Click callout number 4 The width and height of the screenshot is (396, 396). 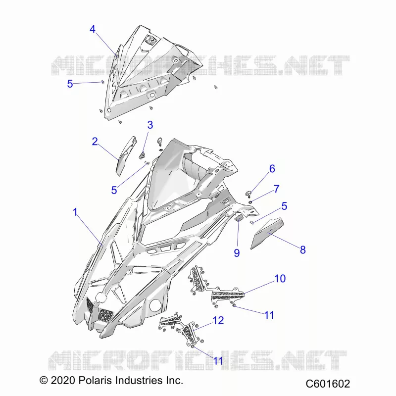point(93,29)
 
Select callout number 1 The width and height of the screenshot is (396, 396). point(75,212)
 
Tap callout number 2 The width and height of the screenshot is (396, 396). point(95,142)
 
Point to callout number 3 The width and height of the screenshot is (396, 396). point(150,125)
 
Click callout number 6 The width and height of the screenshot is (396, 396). point(272,169)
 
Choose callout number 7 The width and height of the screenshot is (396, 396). point(277,189)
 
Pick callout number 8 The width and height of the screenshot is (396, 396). point(303,250)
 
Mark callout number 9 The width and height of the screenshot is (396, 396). point(237,253)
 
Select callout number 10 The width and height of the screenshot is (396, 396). point(280,279)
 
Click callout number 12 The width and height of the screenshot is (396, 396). point(218,320)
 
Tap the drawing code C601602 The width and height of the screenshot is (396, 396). point(328,384)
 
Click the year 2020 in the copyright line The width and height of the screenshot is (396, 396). point(63,380)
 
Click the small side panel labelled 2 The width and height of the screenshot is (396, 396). point(126,156)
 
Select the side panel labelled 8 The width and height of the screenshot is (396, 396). point(267,233)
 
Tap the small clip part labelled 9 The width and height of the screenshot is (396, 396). point(239,217)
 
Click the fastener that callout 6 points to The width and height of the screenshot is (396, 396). point(248,194)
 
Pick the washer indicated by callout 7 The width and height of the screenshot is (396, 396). point(250,202)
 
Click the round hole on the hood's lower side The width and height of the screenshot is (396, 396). point(155,305)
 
